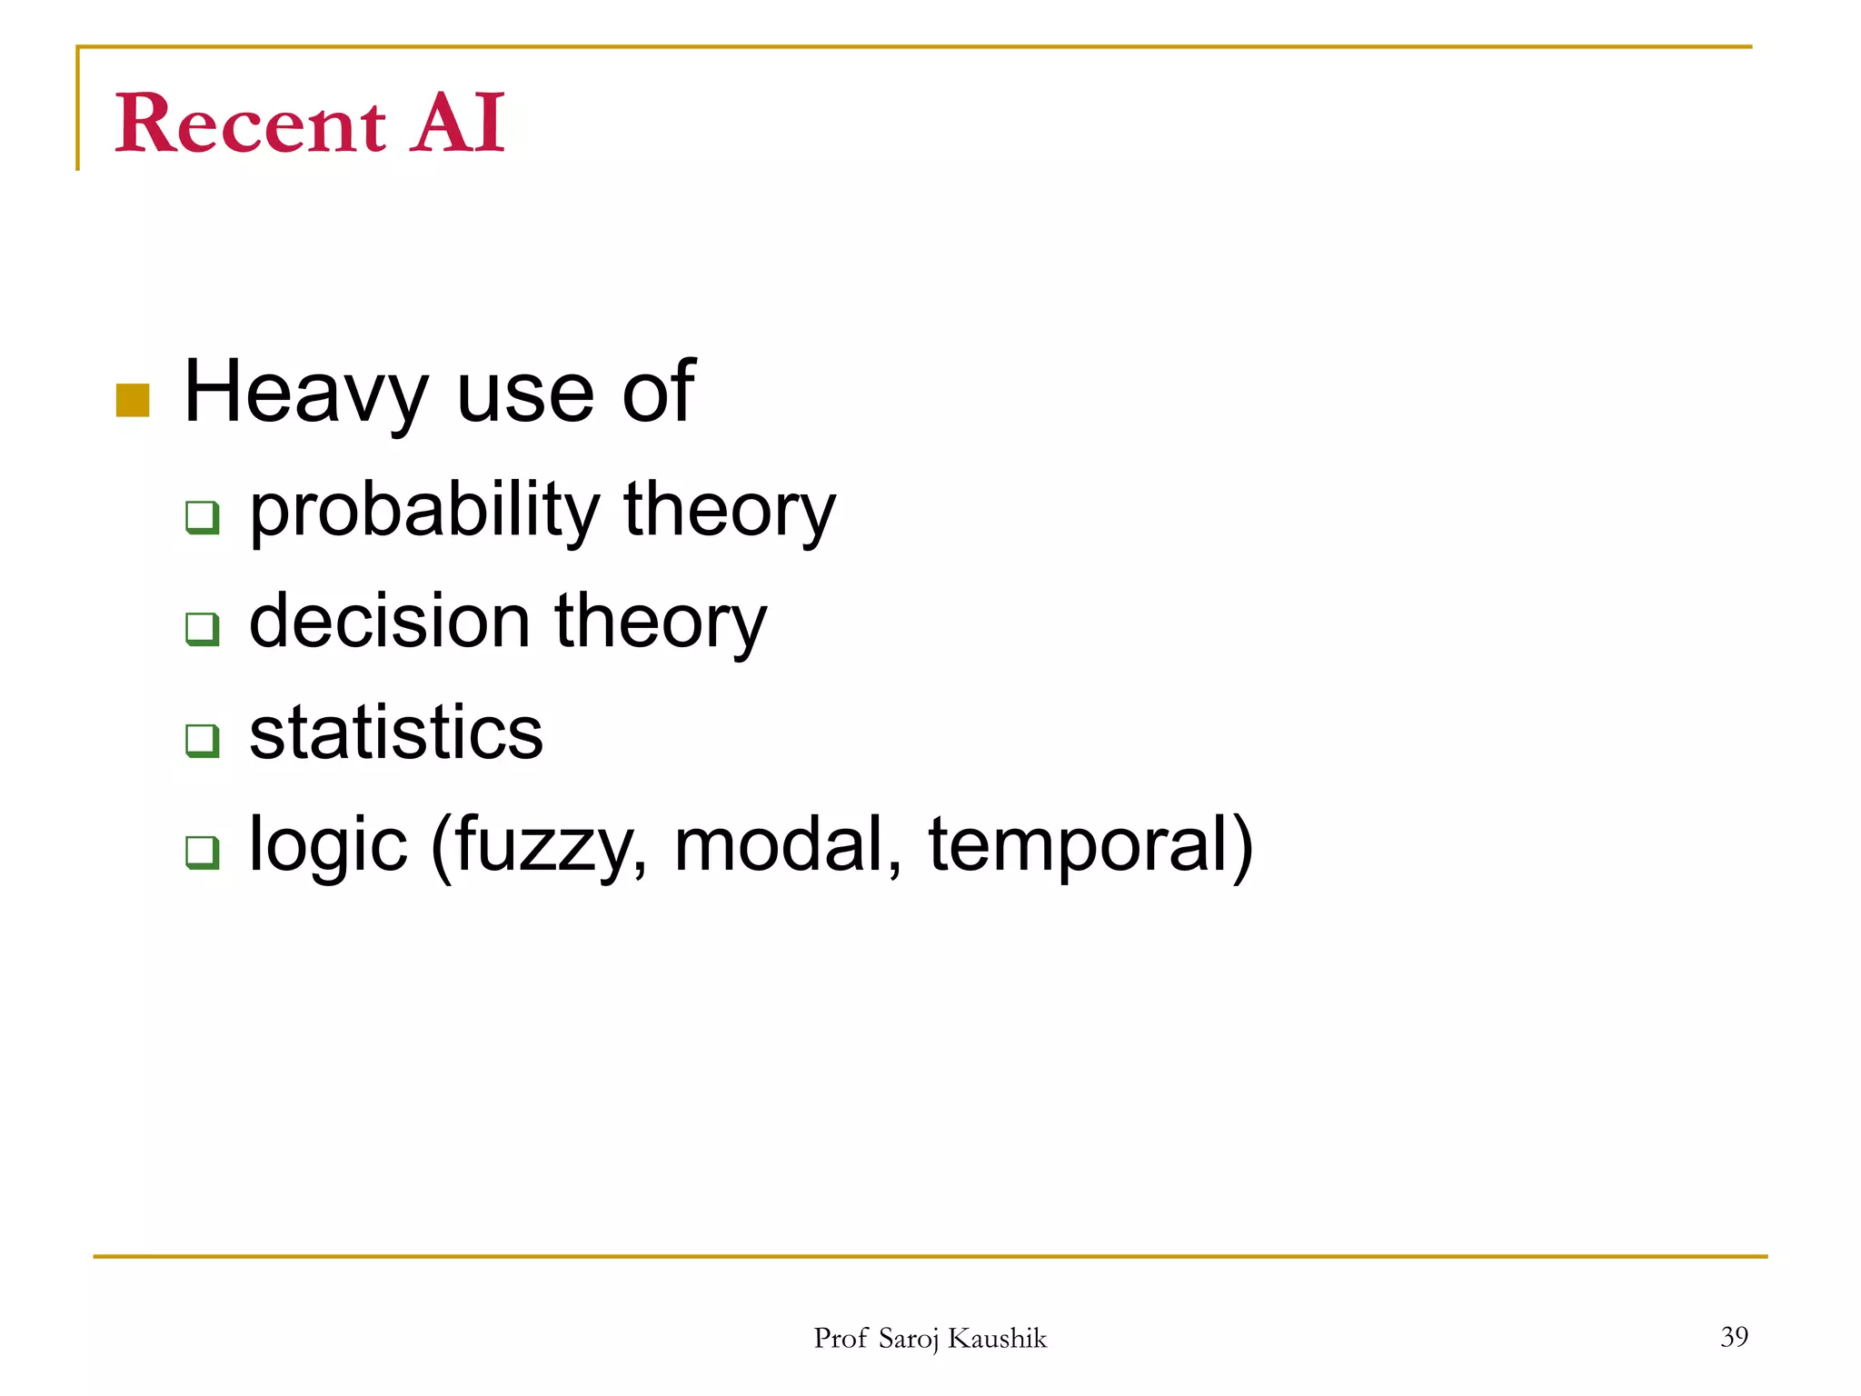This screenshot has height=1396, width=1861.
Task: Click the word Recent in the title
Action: tap(250, 125)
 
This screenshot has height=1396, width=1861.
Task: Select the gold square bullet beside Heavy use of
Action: tap(133, 400)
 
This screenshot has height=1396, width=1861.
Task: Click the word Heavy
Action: tap(305, 394)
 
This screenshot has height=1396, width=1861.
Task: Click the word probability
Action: tap(424, 511)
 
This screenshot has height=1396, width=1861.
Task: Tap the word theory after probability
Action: tap(729, 511)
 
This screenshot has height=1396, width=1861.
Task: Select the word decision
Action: tap(390, 623)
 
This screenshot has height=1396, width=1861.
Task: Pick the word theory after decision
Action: tap(661, 623)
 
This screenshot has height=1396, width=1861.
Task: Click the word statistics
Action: tap(396, 733)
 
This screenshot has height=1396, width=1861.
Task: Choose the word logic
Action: tap(328, 846)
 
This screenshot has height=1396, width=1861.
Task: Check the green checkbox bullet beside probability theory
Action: tap(203, 517)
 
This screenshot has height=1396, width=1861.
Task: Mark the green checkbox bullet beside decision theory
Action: tap(203, 629)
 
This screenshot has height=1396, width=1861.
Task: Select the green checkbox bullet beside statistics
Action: tap(203, 741)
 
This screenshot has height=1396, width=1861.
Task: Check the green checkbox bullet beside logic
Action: tap(203, 853)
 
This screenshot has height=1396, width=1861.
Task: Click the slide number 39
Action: tap(1734, 1337)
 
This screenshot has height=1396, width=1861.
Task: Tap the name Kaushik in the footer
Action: tap(997, 1339)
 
